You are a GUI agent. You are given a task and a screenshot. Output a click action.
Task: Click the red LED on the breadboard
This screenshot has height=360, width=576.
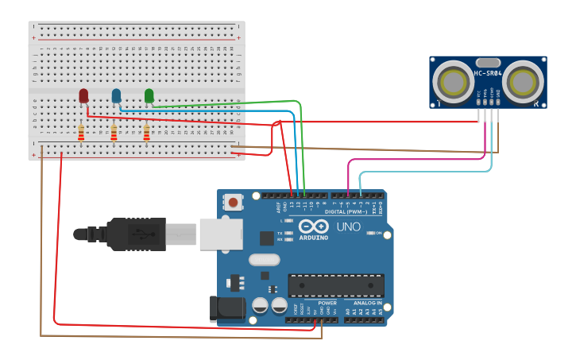pyautogui.click(x=83, y=95)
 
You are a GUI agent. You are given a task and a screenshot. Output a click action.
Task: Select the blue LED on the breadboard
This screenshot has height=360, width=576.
pyautogui.click(x=116, y=95)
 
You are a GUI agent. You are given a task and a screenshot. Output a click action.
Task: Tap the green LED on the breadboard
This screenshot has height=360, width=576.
pyautogui.click(x=149, y=95)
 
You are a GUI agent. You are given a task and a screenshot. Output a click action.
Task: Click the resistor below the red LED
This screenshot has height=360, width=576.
pyautogui.click(x=80, y=133)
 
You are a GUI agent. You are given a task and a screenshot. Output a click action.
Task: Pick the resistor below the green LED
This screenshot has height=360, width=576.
pyautogui.click(x=146, y=133)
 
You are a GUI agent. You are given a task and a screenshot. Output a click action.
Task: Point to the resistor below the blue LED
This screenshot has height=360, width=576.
pyautogui.click(x=114, y=133)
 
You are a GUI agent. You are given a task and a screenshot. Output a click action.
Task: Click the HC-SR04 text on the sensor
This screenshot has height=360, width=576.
pyautogui.click(x=488, y=74)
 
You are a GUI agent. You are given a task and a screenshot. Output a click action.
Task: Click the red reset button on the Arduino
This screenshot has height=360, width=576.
pyautogui.click(x=233, y=203)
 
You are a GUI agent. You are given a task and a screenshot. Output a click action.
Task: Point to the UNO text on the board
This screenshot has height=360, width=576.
pyautogui.click(x=348, y=227)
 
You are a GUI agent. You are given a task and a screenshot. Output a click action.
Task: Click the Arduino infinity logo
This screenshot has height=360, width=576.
pyautogui.click(x=313, y=226)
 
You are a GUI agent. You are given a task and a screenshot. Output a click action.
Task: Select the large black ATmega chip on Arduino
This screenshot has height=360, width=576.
pyautogui.click(x=335, y=285)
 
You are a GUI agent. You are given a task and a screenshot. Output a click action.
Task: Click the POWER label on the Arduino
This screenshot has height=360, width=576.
pyautogui.click(x=327, y=303)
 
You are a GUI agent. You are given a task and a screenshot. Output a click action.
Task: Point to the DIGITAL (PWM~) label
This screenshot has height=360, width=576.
pyautogui.click(x=346, y=212)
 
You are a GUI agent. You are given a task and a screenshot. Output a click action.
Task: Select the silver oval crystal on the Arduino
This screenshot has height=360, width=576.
pyautogui.click(x=265, y=259)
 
